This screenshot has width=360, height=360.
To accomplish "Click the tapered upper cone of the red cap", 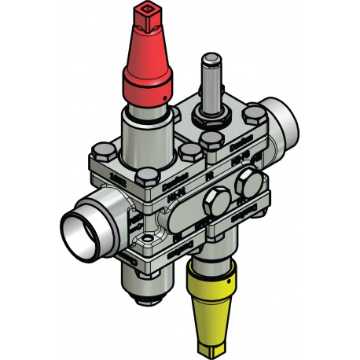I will [x=146, y=43].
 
